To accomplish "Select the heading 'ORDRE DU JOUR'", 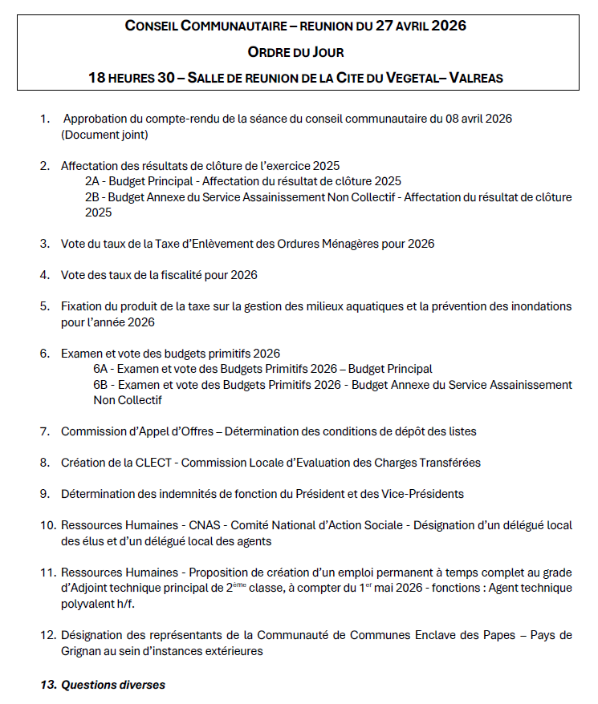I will pos(295,52).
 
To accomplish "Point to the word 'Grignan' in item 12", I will pos(82,651).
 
